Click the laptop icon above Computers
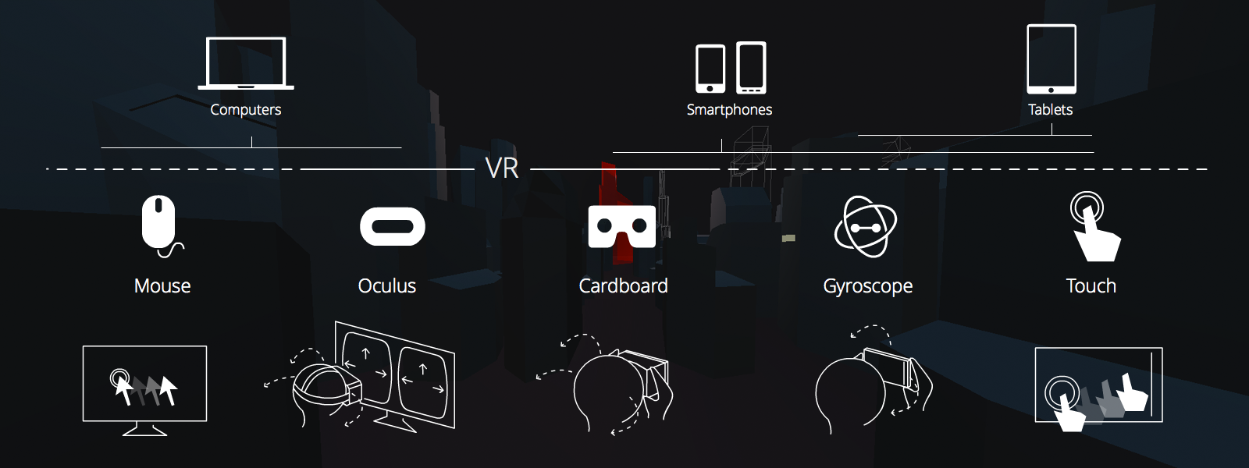(246, 63)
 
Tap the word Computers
(246, 110)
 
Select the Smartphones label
(729, 110)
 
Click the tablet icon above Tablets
(1051, 59)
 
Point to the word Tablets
(1050, 110)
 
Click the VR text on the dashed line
(501, 168)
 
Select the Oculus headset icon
(392, 226)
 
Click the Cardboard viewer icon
(621, 226)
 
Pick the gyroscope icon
(866, 226)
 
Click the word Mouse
(162, 286)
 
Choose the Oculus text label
(386, 286)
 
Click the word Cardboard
(623, 286)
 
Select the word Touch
(1091, 286)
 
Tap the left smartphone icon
(710, 69)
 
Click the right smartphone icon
(751, 68)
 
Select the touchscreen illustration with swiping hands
(1098, 386)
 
